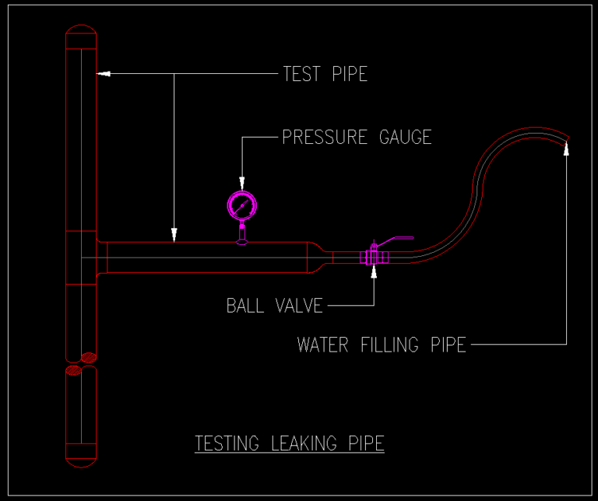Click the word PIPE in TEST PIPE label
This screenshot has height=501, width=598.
350,74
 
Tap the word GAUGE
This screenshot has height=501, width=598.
405,138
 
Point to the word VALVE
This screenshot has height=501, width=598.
299,306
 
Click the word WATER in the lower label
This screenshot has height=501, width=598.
322,345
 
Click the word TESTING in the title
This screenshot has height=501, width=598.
227,443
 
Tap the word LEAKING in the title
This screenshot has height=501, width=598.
304,443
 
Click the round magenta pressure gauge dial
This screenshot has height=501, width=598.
241,205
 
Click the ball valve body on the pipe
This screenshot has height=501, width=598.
371,257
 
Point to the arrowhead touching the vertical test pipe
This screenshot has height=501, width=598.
103,74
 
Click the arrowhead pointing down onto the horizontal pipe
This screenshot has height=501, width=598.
174,233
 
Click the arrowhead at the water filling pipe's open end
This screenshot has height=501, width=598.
566,149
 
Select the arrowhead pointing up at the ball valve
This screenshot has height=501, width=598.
374,272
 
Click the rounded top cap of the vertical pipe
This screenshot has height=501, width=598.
81,34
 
